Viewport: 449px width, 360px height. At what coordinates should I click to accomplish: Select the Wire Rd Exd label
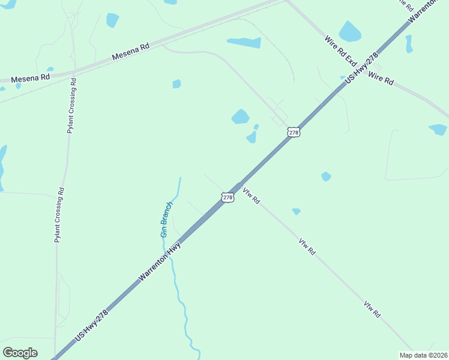pyautogui.click(x=341, y=51)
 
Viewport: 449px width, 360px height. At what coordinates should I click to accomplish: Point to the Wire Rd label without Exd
pyautogui.click(x=381, y=78)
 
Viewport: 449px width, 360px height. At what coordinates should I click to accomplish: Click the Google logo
pyautogui.click(x=20, y=353)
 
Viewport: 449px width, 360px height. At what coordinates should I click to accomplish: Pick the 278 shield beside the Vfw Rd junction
pyautogui.click(x=228, y=197)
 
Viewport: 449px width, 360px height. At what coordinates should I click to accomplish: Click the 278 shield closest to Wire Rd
pyautogui.click(x=293, y=132)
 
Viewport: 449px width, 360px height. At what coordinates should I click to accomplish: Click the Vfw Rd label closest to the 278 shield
pyautogui.click(x=251, y=196)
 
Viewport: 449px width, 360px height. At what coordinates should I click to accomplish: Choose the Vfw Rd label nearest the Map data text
pyautogui.click(x=372, y=309)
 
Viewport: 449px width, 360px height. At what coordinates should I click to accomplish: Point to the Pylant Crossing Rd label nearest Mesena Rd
pyautogui.click(x=71, y=106)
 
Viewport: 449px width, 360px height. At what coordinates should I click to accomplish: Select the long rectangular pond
pyautogui.click(x=244, y=43)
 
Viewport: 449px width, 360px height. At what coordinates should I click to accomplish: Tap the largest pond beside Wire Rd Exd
pyautogui.click(x=349, y=31)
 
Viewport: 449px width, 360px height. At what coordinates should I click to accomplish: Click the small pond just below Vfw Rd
pyautogui.click(x=296, y=211)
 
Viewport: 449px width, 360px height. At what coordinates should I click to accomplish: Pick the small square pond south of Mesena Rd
pyautogui.click(x=176, y=84)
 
